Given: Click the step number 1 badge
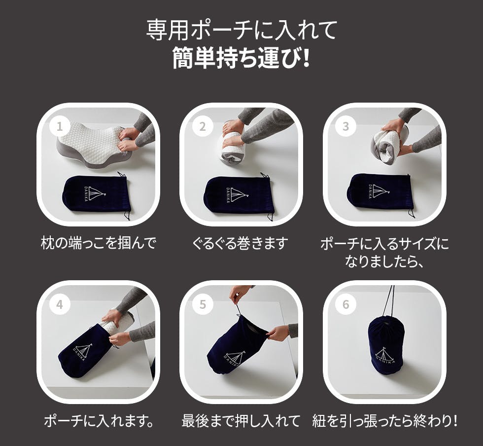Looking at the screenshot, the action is [60, 126].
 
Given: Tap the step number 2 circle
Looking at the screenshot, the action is [203, 126].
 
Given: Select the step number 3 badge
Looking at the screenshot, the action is [345, 126].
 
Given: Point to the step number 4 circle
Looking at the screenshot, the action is [60, 305].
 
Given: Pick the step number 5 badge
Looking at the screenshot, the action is [203, 305].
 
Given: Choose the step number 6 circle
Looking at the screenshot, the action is [345, 305].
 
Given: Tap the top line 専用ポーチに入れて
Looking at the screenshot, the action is [241, 30].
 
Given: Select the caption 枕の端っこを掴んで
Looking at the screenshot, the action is [99, 243].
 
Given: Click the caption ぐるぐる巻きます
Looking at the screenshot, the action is [241, 243].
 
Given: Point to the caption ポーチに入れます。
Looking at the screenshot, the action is [99, 421].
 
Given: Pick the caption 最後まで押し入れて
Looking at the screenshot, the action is [241, 421].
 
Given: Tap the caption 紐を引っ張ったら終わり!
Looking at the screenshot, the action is [385, 421].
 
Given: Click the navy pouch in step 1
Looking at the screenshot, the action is [96, 194].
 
